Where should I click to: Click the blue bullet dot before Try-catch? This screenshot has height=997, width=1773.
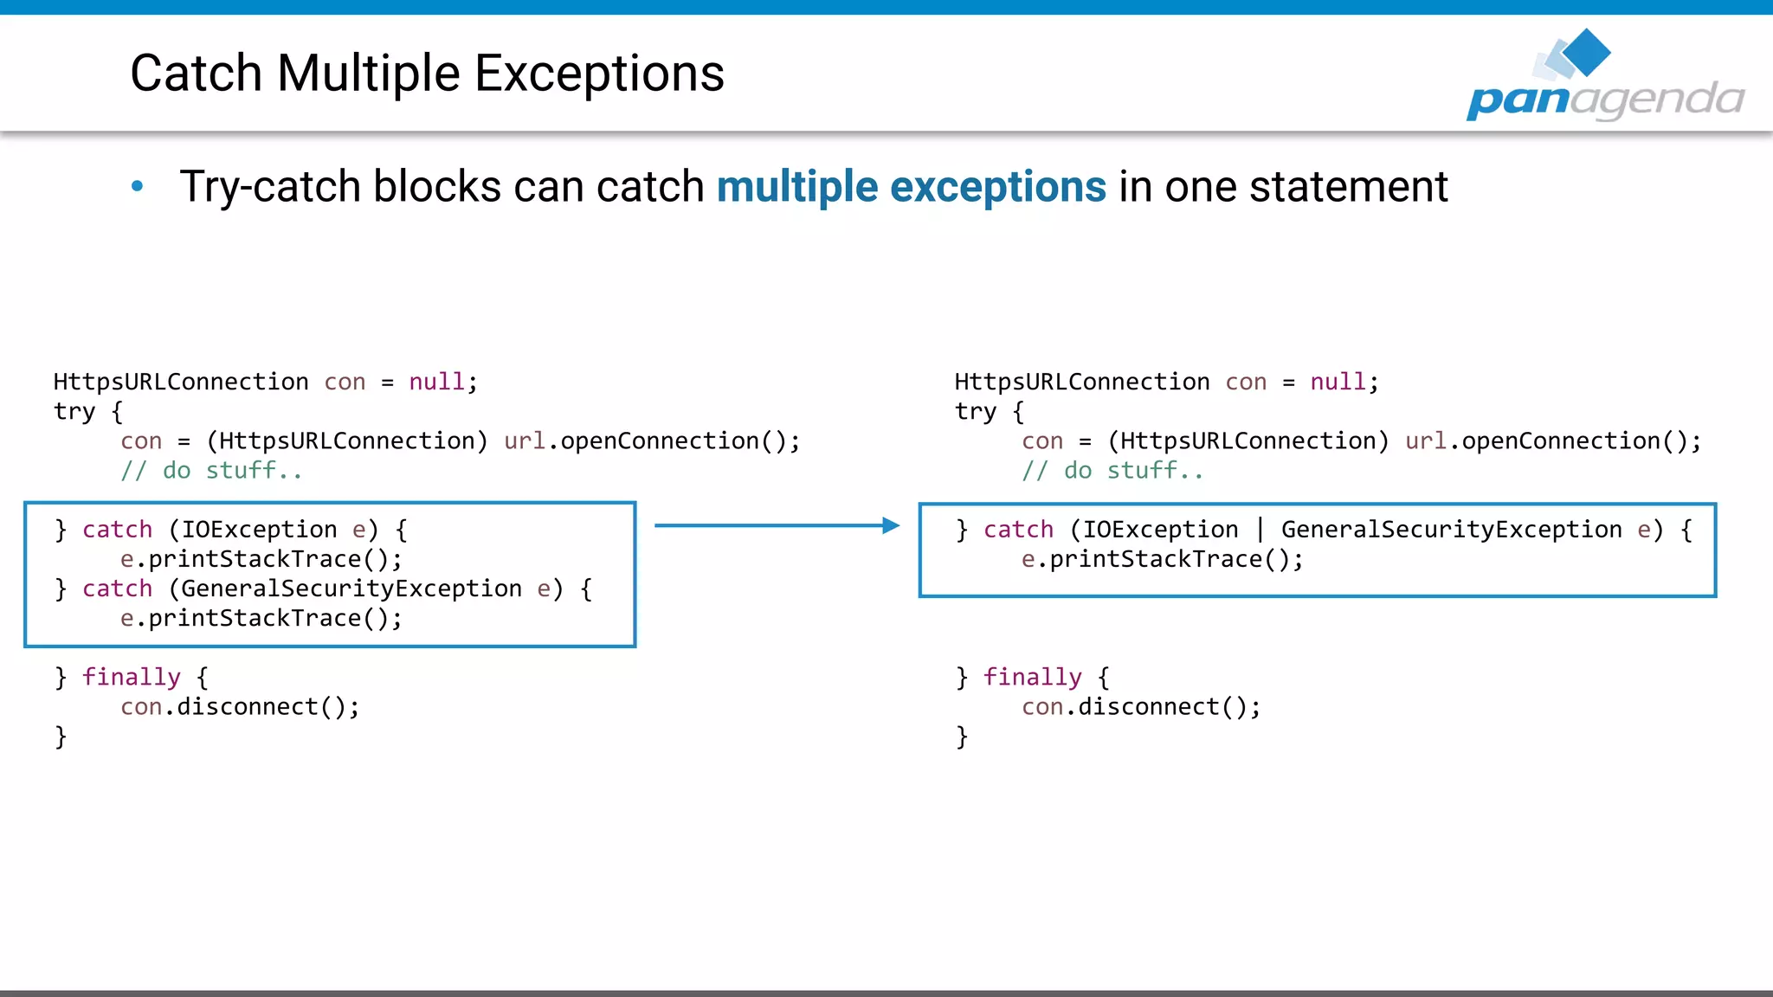pyautogui.click(x=137, y=186)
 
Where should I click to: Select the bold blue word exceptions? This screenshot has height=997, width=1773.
pyautogui.click(x=997, y=187)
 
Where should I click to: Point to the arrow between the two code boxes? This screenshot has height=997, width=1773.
pyautogui.click(x=777, y=525)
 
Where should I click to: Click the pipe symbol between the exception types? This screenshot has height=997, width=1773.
pyautogui.click(x=1260, y=529)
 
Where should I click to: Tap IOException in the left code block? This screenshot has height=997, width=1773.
pyautogui.click(x=259, y=529)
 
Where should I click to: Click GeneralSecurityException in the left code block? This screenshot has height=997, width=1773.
pyautogui.click(x=351, y=589)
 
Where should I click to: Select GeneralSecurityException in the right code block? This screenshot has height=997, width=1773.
pyautogui.click(x=1451, y=529)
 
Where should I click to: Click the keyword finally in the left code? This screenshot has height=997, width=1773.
pyautogui.click(x=132, y=677)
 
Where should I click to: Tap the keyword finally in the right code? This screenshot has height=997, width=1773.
pyautogui.click(x=1033, y=677)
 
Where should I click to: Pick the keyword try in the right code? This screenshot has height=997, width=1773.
pyautogui.click(x=975, y=411)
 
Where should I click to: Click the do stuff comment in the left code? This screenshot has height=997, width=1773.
pyautogui.click(x=211, y=471)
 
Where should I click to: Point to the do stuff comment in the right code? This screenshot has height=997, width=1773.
pyautogui.click(x=1112, y=471)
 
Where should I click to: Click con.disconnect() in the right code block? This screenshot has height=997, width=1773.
pyautogui.click(x=1141, y=707)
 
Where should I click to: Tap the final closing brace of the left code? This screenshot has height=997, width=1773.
pyautogui.click(x=61, y=736)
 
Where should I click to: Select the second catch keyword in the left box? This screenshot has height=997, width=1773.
pyautogui.click(x=117, y=589)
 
